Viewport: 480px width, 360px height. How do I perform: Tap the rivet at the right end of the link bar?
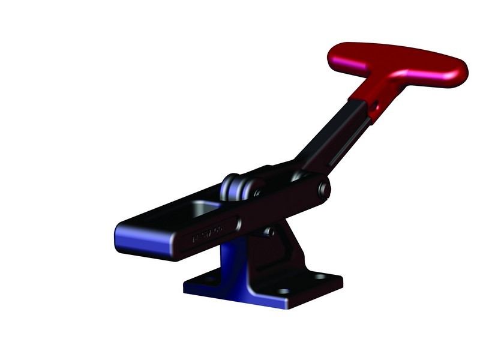click(x=325, y=190)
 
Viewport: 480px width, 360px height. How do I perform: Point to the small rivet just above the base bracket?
click(x=271, y=231)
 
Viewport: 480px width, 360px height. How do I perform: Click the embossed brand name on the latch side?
click(x=207, y=233)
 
